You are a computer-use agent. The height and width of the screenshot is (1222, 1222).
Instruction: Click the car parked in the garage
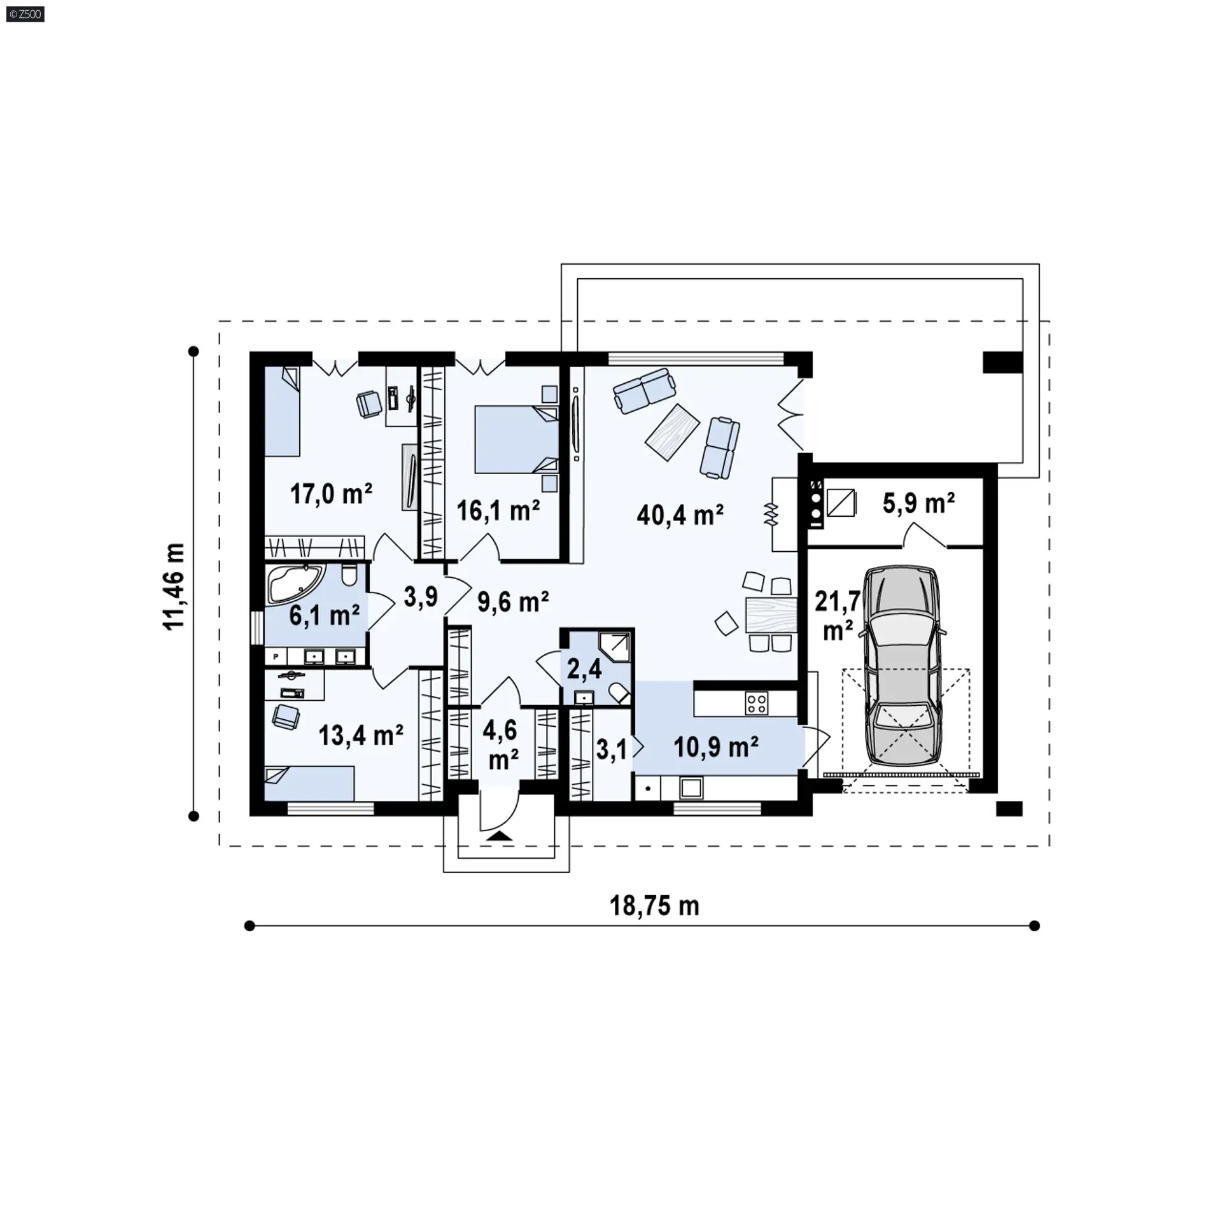click(902, 666)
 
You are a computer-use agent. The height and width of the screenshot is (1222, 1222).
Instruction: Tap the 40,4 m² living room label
click(680, 515)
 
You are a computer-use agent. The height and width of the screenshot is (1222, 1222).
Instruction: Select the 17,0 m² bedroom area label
click(331, 493)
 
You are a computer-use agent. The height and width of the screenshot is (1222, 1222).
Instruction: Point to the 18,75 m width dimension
click(654, 906)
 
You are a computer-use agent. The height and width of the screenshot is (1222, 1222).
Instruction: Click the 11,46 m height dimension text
click(174, 586)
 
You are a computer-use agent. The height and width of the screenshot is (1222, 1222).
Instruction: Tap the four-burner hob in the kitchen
click(756, 703)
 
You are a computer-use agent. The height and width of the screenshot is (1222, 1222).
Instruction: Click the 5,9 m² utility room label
click(918, 503)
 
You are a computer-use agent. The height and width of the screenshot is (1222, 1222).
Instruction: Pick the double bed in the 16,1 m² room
click(516, 440)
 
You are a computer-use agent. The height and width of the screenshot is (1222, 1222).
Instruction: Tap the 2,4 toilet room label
click(584, 669)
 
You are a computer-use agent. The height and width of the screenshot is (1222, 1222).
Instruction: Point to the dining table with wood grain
click(771, 615)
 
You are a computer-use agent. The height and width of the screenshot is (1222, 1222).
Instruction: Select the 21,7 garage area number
click(838, 600)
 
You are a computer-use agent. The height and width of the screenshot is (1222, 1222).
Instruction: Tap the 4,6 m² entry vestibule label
click(500, 745)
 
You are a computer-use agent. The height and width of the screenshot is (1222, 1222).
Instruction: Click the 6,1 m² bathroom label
click(325, 615)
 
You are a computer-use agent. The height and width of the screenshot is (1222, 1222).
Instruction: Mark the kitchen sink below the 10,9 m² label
click(691, 789)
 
